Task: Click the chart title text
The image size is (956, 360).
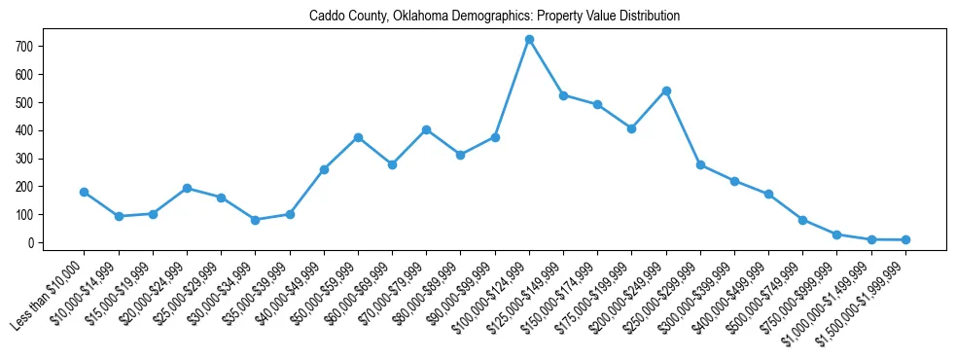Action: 494,17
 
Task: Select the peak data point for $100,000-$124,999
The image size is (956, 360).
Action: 529,40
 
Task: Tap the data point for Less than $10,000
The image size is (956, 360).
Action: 85,192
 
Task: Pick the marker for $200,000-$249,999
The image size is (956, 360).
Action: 666,90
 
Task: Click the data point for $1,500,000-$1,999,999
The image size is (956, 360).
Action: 905,239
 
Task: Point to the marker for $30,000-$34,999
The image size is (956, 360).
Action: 256,220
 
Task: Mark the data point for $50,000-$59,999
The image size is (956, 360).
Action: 358,137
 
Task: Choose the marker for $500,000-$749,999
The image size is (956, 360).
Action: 803,220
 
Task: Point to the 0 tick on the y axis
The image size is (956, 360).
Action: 32,242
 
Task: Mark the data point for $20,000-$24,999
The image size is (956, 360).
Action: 188,188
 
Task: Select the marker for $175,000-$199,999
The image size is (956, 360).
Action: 632,128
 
